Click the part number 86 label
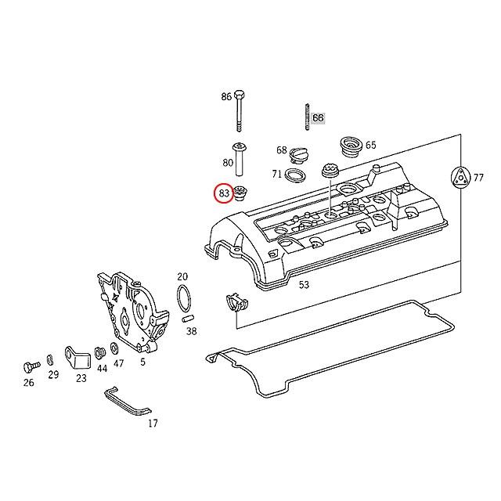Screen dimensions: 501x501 [226, 97]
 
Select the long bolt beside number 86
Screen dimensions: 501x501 [237, 114]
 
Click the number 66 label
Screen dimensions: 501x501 [318, 118]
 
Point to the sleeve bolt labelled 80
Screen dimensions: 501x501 [239, 160]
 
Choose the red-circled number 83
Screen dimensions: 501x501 [224, 193]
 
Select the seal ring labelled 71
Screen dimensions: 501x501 [296, 174]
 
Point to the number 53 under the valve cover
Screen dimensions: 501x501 [304, 285]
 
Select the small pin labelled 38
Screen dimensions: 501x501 [188, 319]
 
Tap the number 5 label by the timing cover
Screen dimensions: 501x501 [142, 362]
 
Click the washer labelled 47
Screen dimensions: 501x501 [115, 348]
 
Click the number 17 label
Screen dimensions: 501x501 [153, 424]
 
